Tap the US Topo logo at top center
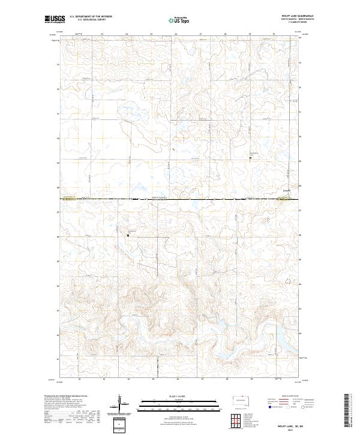pos(179,20)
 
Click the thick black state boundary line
pos(180,199)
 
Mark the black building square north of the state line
pos(251,158)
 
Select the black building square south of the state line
pos(128,235)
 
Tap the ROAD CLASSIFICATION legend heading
pos(287,397)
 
